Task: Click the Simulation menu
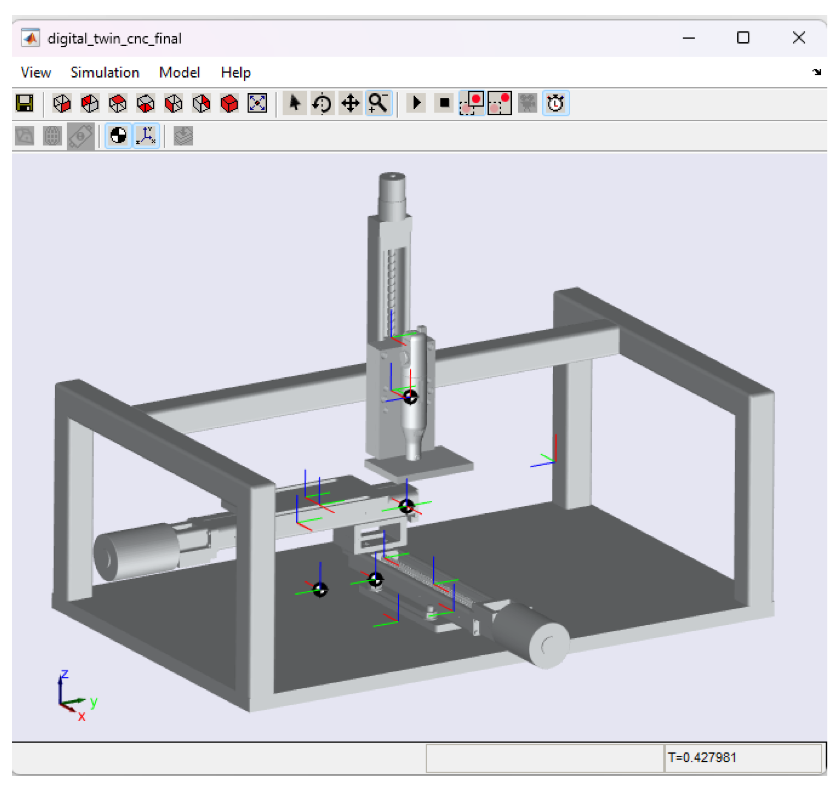point(104,72)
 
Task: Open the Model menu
point(179,72)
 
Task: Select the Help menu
point(235,72)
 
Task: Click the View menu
point(36,72)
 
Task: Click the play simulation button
point(416,103)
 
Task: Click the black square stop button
point(444,103)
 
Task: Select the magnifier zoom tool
point(378,103)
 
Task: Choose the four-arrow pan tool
point(350,103)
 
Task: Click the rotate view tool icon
point(322,103)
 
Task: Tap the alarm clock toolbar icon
point(555,103)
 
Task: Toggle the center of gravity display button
point(118,136)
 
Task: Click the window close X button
point(798,38)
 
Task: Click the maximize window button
point(743,38)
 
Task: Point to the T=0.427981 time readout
point(702,757)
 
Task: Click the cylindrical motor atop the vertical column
point(392,193)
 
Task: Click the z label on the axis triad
point(64,674)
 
